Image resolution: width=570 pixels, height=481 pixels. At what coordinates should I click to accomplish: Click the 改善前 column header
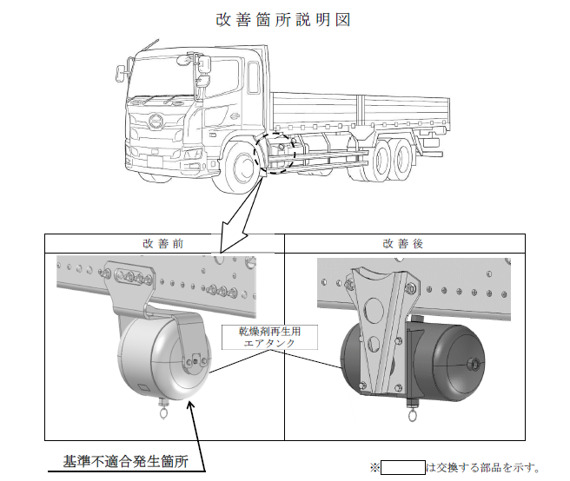[163, 243]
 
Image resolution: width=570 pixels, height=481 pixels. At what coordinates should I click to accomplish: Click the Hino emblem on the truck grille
[156, 120]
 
